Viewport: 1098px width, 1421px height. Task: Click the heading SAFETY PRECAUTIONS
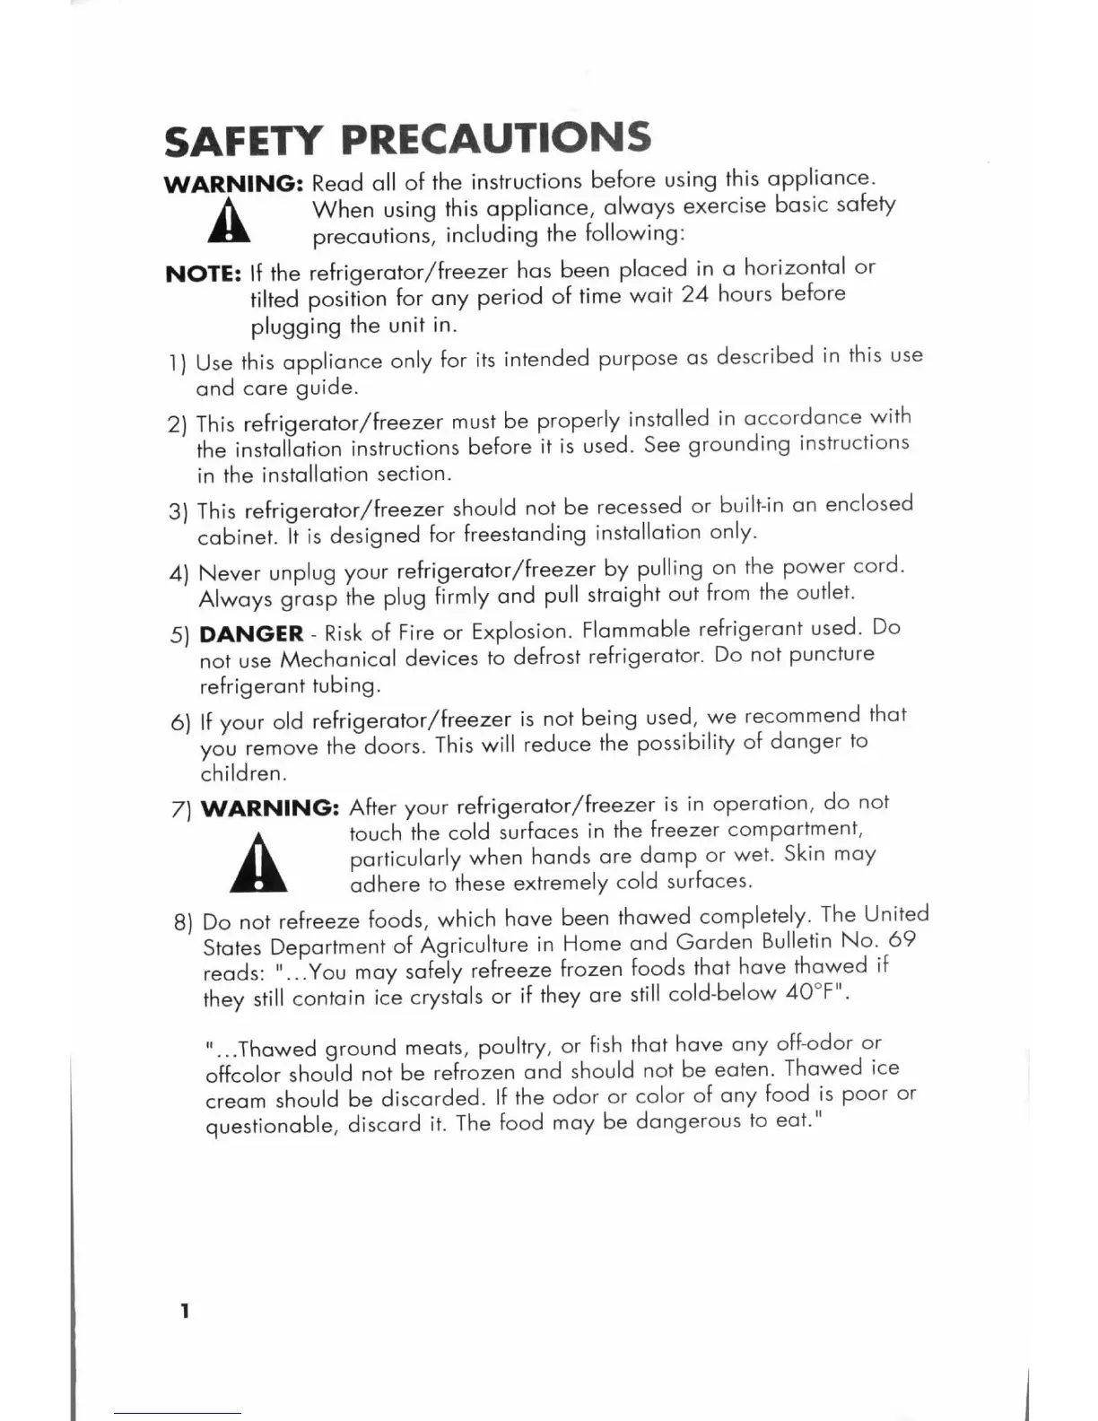click(x=407, y=139)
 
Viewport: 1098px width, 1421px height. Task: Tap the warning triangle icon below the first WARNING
click(x=230, y=222)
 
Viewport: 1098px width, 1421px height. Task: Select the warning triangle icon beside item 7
click(x=258, y=863)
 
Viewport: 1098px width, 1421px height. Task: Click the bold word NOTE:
click(x=204, y=274)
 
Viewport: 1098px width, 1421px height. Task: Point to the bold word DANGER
click(x=251, y=633)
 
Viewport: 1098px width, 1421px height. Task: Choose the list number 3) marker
click(x=179, y=512)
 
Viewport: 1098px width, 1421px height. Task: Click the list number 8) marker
click(x=183, y=922)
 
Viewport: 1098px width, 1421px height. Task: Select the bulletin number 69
click(x=901, y=939)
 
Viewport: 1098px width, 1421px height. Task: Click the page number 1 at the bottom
click(x=185, y=1311)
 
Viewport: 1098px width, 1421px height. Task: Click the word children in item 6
click(x=242, y=773)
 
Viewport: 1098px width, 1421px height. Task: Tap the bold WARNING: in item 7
click(x=269, y=807)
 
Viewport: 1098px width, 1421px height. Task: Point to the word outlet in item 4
click(x=823, y=592)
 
